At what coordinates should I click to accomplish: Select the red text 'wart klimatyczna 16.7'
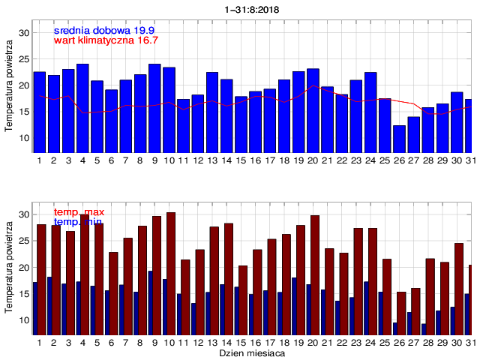coord(106,40)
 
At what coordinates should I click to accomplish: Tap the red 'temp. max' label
coord(79,213)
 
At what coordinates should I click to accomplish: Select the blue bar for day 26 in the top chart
coord(399,139)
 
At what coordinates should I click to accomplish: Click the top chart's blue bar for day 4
coord(82,109)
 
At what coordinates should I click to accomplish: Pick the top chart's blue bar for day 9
coord(154,109)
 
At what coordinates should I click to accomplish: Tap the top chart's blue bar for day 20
coord(313,111)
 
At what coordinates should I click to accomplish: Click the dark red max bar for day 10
coord(171,274)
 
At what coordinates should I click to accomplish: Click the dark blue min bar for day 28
coord(424,329)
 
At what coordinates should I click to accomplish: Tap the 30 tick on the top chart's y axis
coord(24,33)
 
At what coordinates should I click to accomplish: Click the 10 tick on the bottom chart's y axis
coord(24,320)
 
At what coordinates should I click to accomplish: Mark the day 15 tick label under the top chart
coord(241,160)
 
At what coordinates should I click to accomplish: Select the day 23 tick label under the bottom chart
coord(356,342)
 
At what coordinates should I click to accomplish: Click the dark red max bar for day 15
coord(243,300)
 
